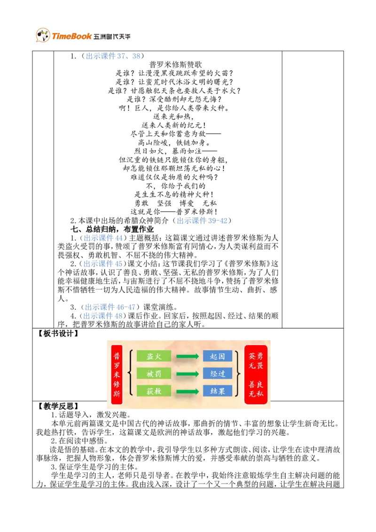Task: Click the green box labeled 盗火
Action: [x=154, y=356]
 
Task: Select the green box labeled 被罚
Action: [x=154, y=374]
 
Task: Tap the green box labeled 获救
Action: [x=154, y=391]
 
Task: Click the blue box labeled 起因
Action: [x=218, y=356]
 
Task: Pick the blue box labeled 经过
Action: [x=218, y=374]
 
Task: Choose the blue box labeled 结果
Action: [x=218, y=391]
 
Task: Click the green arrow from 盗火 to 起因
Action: [x=188, y=357]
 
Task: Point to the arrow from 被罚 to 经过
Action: [x=188, y=374]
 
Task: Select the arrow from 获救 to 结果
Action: [x=188, y=391]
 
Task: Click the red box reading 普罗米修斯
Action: [x=117, y=375]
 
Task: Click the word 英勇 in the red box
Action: [x=256, y=356]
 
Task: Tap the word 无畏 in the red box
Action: [x=256, y=365]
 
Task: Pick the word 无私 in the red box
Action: [x=256, y=393]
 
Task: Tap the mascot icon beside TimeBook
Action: [x=43, y=36]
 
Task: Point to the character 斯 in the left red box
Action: [x=117, y=394]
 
